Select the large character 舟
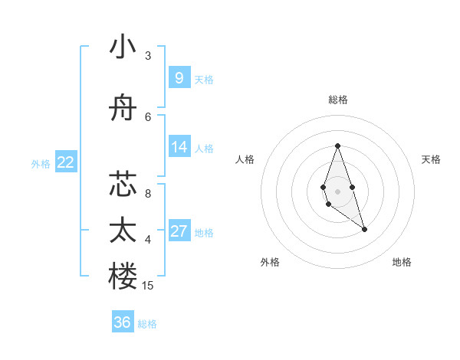pyautogui.click(x=123, y=112)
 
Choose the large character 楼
pyautogui.click(x=123, y=277)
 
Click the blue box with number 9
pyautogui.click(x=179, y=77)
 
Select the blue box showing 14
pyautogui.click(x=179, y=147)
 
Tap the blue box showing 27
pyautogui.click(x=179, y=231)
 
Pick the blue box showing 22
pyautogui.click(x=66, y=162)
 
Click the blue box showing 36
pyautogui.click(x=123, y=322)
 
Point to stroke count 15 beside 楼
pyautogui.click(x=148, y=286)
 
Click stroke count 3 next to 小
pyautogui.click(x=148, y=56)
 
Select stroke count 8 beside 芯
pyautogui.click(x=148, y=193)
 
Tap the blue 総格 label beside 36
pyautogui.click(x=147, y=324)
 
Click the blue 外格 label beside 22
pyautogui.click(x=41, y=163)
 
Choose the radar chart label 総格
pyautogui.click(x=337, y=100)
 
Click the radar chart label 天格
pyautogui.click(x=431, y=159)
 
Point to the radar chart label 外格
pyautogui.click(x=270, y=262)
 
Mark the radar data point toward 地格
pyautogui.click(x=364, y=229)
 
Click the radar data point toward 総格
pyautogui.click(x=337, y=146)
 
